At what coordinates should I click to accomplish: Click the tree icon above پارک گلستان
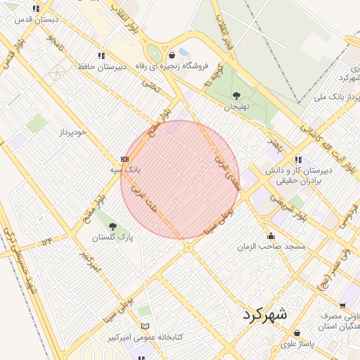(x=112, y=226)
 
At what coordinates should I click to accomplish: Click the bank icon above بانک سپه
(x=124, y=159)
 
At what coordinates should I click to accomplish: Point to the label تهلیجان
(x=237, y=108)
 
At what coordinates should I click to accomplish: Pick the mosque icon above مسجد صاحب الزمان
(x=271, y=236)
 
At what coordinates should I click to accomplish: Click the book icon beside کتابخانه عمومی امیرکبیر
(x=146, y=326)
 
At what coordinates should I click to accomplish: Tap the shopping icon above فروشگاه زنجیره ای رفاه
(x=172, y=55)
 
